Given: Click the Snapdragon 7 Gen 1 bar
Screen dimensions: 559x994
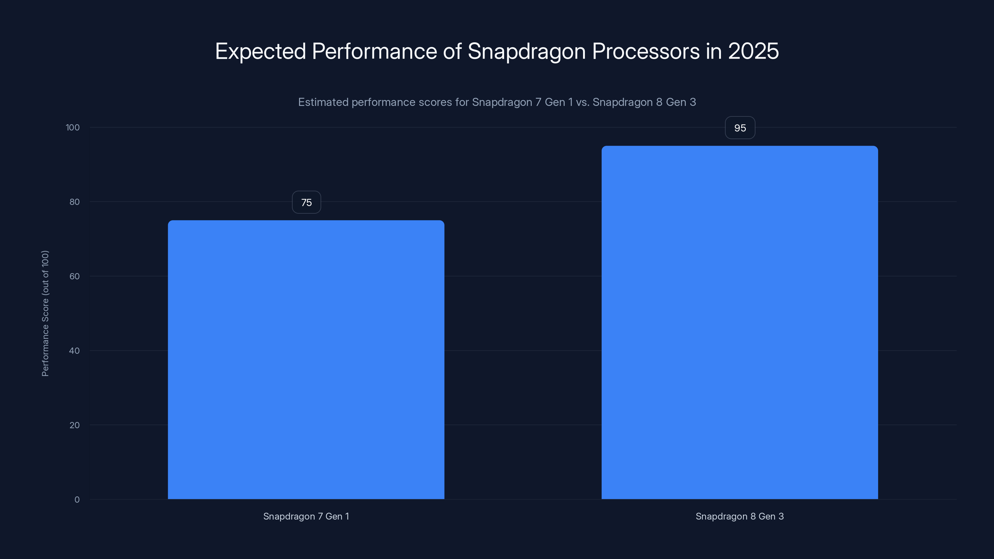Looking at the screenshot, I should coord(306,360).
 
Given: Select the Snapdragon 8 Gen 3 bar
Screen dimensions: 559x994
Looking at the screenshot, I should coord(739,323).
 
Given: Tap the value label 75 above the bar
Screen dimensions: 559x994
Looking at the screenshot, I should coord(306,202).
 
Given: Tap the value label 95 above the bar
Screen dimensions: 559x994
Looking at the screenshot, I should coord(740,128).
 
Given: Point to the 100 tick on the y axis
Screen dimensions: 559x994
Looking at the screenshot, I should coord(73,128).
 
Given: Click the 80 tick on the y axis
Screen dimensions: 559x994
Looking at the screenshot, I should coord(75,202).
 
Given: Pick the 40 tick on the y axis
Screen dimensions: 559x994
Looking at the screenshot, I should coord(75,351).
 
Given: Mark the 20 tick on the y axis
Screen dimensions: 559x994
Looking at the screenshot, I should coord(75,425).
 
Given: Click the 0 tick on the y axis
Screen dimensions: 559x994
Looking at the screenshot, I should coord(77,500).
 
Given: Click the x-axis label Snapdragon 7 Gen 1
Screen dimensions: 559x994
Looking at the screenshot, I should coord(306,516).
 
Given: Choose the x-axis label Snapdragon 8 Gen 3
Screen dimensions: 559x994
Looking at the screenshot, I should coord(739,516).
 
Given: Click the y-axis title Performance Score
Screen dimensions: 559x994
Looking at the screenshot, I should coord(45,313).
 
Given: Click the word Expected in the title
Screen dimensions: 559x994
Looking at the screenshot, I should coord(261,51).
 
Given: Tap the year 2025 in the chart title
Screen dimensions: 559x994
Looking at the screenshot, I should coord(753,51).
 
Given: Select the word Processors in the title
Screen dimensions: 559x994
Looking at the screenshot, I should coord(645,51).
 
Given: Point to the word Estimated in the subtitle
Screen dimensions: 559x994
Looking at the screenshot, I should coord(323,102).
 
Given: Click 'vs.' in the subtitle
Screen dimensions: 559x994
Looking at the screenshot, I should coord(583,102).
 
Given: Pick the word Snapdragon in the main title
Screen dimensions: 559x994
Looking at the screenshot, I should coord(527,51).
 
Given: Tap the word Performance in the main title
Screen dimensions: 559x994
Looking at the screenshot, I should coord(374,51).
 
